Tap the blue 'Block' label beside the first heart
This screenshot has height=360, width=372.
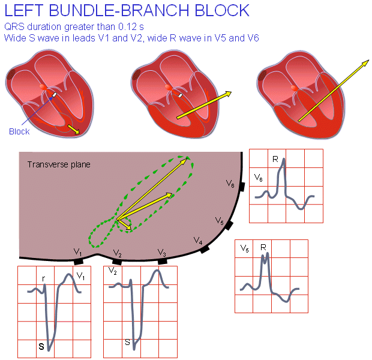tap(19, 131)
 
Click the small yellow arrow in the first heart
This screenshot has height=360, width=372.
tap(73, 129)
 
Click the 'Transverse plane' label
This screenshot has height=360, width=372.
tap(59, 163)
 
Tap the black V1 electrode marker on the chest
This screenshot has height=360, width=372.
tap(78, 262)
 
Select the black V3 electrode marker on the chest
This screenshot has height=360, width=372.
tap(162, 261)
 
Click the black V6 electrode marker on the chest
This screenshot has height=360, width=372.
tap(240, 187)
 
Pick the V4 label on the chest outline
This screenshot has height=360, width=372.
tap(198, 240)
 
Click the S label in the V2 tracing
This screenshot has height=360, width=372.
tap(127, 342)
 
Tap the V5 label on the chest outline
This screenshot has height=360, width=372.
tap(220, 222)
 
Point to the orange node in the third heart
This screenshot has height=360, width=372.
tap(293, 88)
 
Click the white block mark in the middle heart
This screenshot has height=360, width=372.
tap(180, 95)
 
